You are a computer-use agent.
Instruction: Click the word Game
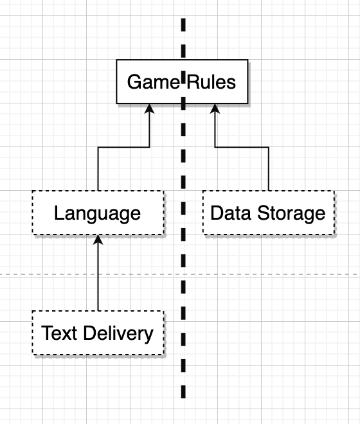154,82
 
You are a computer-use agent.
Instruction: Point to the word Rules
211,82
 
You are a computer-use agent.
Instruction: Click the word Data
231,213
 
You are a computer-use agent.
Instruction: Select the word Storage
291,214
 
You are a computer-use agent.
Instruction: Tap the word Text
59,333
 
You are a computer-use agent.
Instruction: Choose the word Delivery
118,334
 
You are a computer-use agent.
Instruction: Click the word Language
98,214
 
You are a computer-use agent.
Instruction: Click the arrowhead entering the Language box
98,240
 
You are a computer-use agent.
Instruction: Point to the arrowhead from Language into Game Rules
149,109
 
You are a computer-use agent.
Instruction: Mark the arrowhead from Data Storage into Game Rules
215,109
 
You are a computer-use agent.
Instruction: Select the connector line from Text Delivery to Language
98,272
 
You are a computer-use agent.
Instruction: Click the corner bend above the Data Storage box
269,147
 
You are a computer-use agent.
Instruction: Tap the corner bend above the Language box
98,147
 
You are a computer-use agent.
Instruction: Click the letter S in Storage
263,213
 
